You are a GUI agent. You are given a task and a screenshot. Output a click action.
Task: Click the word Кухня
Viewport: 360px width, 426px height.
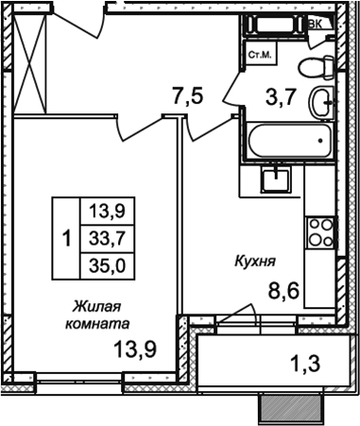point(256,256)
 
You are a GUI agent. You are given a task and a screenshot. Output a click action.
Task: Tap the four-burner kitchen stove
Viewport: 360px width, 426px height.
point(319,230)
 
